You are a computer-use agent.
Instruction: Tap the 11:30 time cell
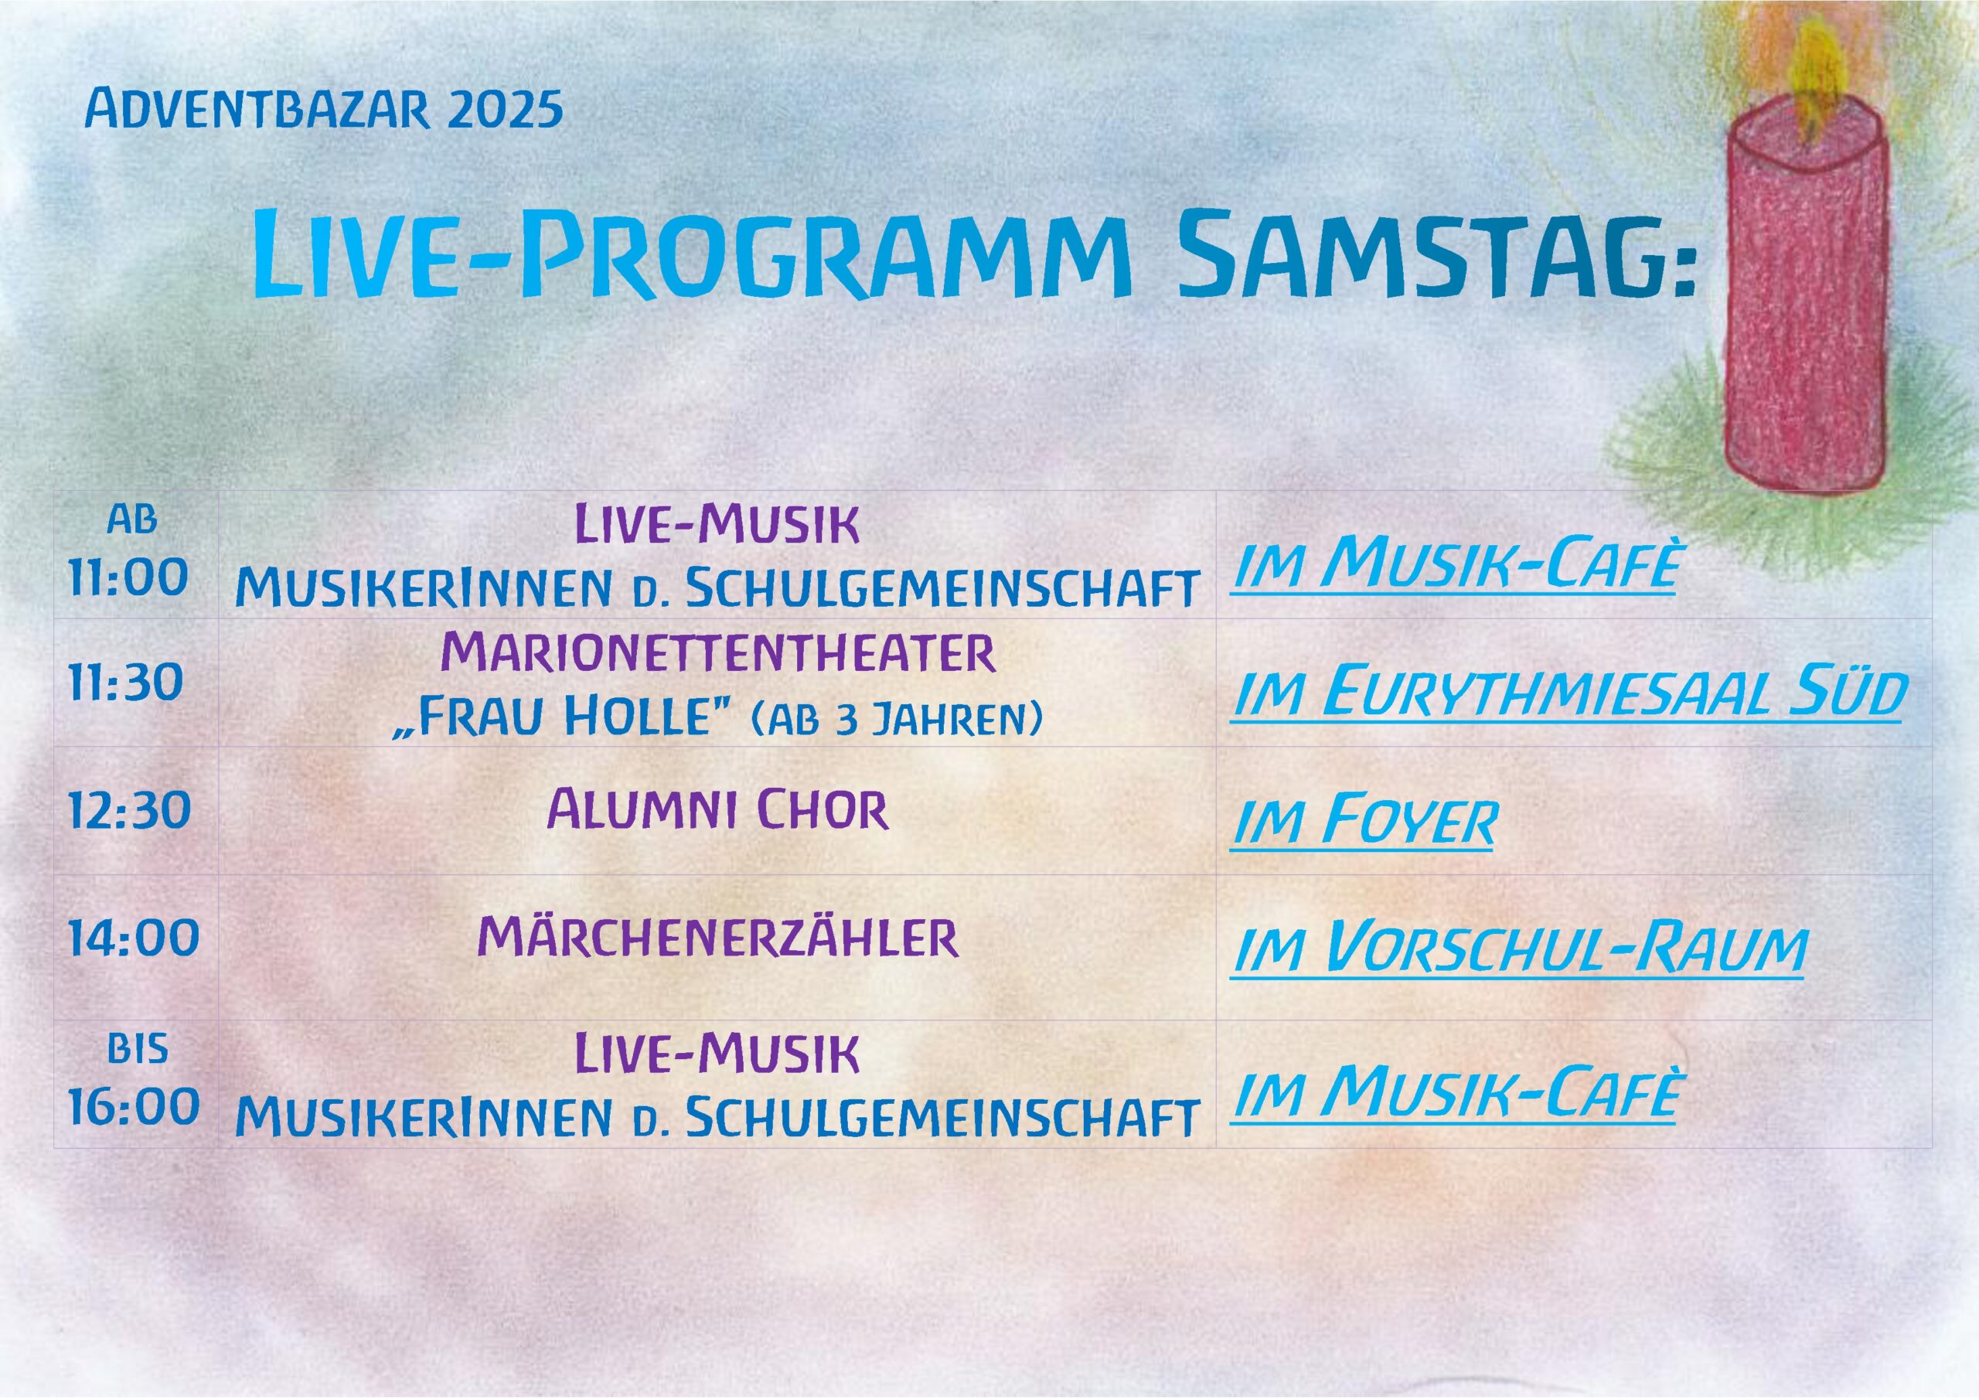pos(126,682)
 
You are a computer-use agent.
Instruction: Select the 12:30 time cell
pos(129,810)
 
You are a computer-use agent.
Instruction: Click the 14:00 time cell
pos(134,937)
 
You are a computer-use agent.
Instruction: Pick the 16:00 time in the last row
pos(134,1107)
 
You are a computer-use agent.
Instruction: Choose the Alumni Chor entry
pos(718,810)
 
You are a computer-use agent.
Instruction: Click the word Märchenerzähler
pos(718,937)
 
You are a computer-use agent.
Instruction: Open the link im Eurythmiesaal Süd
pos(1567,694)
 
